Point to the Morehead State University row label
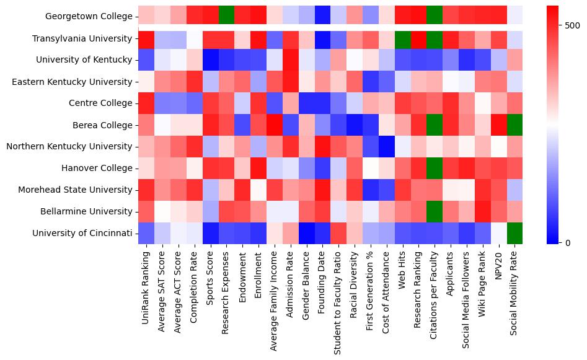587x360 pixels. pos(82,190)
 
